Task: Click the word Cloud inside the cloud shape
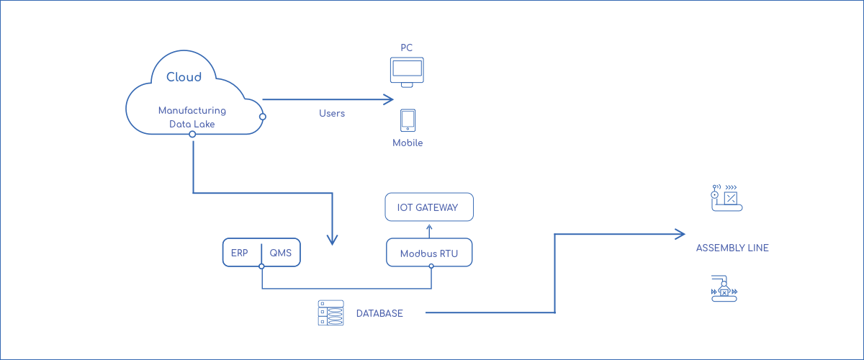[x=184, y=77]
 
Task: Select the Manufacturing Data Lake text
[x=192, y=117]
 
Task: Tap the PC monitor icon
[x=407, y=72]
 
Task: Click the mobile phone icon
[x=408, y=120]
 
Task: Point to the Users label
[x=332, y=114]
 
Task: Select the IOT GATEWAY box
[x=429, y=207]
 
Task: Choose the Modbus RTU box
[x=429, y=253]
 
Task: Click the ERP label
[x=240, y=253]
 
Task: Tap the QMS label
[x=280, y=253]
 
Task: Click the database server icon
[x=331, y=313]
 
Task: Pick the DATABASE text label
[x=379, y=314]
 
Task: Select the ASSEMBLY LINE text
[x=732, y=248]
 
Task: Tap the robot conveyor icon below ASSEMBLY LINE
[x=726, y=289]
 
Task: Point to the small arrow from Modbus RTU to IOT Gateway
[x=430, y=230]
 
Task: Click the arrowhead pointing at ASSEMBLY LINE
[x=679, y=233]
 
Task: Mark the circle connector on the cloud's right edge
[x=264, y=117]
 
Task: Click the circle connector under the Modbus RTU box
[x=431, y=266]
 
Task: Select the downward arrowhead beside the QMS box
[x=332, y=240]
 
